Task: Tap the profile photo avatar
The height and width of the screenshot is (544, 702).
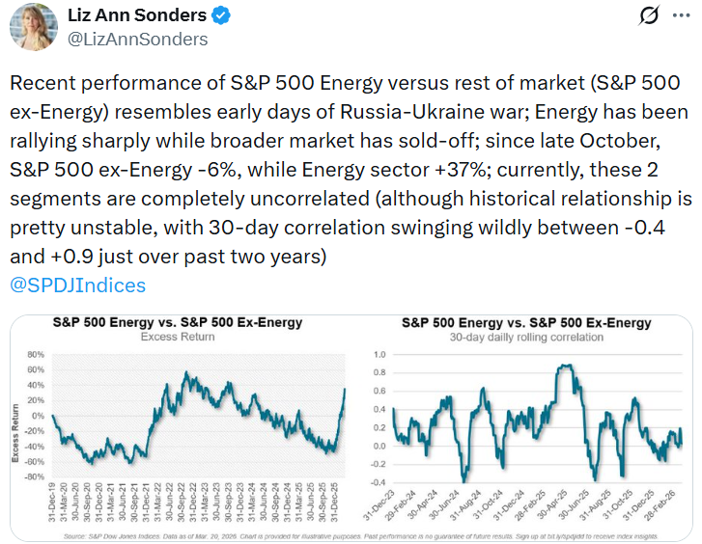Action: tap(33, 26)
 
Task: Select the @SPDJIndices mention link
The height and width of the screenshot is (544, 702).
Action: tap(77, 286)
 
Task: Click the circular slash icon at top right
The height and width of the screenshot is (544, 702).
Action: tap(649, 16)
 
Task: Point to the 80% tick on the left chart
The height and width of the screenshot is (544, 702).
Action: tap(39, 355)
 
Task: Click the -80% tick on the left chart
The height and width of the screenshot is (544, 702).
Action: tap(37, 476)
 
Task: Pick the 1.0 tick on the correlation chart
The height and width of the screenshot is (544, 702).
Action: tap(381, 355)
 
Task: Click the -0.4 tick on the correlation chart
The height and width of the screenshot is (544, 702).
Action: tap(379, 481)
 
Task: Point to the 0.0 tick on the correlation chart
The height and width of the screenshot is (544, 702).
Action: tap(381, 446)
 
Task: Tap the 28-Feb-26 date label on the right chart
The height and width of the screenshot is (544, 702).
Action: tap(670, 507)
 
